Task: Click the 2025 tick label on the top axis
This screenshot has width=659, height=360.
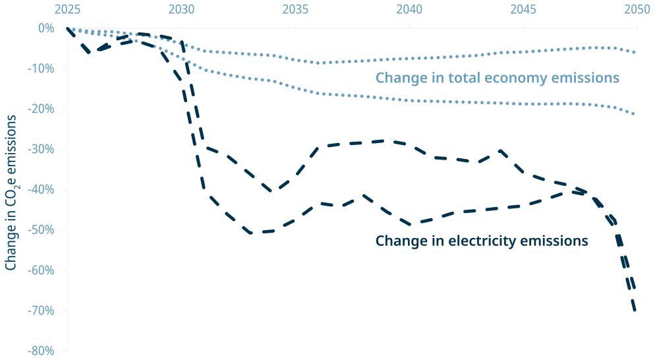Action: tap(68, 10)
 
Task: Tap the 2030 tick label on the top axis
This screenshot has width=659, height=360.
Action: tap(182, 10)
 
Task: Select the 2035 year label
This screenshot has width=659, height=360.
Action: tap(296, 10)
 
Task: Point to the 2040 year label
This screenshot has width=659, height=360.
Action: tap(410, 10)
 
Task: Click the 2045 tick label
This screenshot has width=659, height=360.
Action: tap(524, 10)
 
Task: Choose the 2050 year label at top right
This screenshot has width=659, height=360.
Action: tap(637, 10)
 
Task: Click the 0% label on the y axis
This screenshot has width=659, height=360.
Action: tap(45, 28)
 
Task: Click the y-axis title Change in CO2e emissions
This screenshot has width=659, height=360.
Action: tap(11, 191)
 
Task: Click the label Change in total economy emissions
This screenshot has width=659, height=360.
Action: tap(498, 78)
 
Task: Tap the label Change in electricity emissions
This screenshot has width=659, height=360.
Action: tap(481, 241)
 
